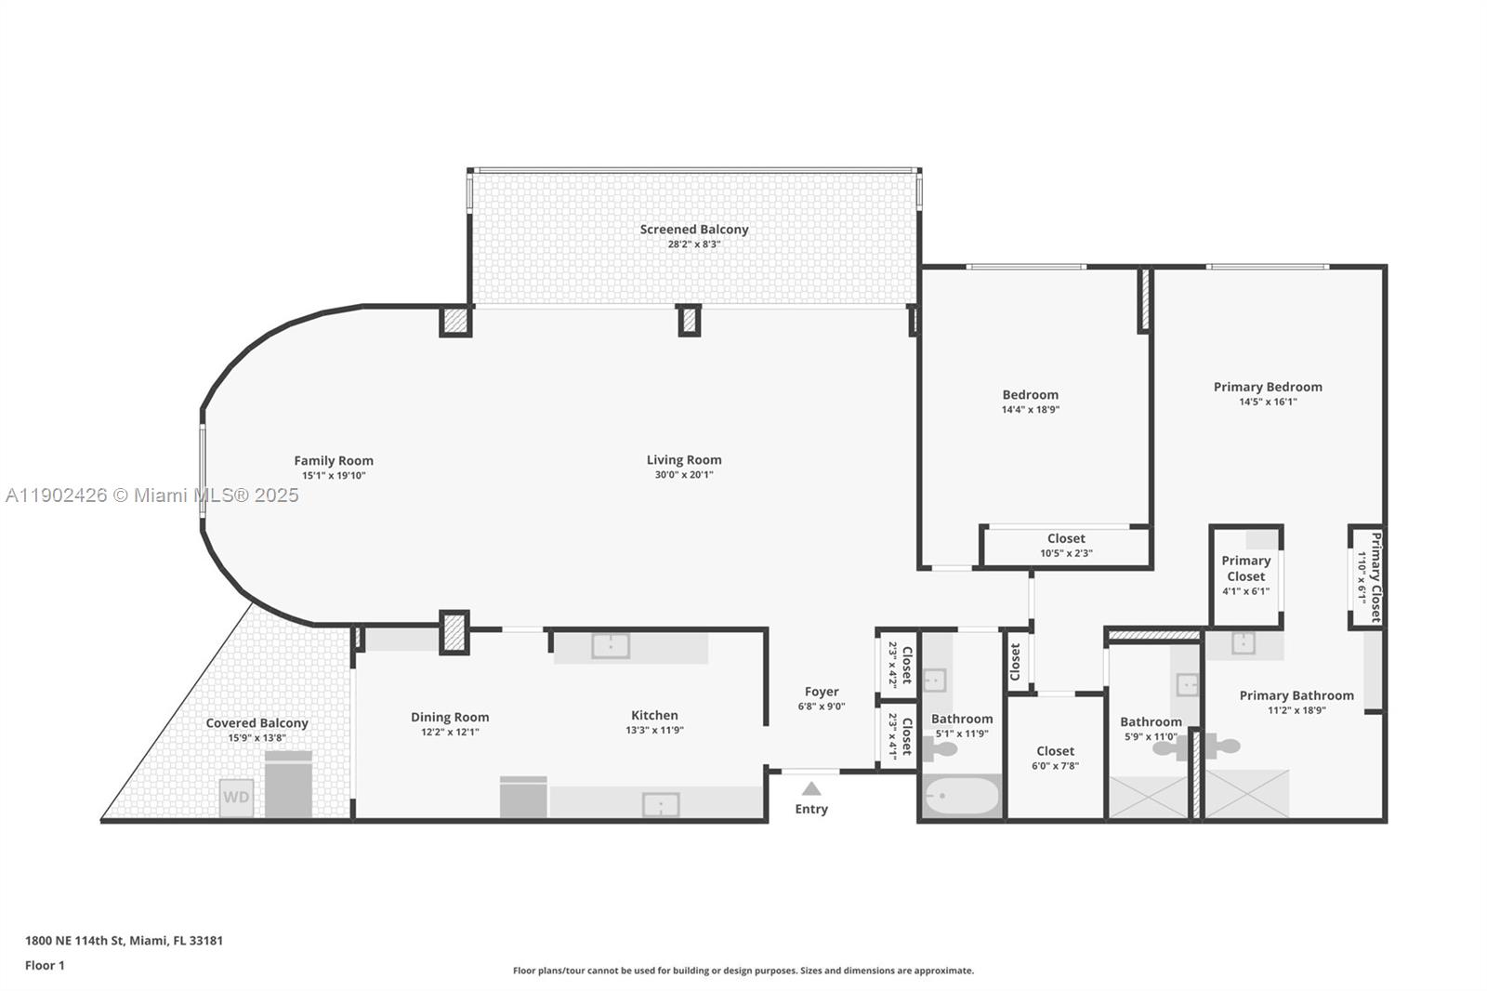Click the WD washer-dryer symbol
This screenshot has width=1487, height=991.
(236, 798)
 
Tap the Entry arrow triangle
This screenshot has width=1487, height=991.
(811, 789)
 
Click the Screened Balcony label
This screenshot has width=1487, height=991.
(693, 230)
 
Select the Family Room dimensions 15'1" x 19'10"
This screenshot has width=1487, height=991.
(334, 476)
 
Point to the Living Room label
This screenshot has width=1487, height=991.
(684, 460)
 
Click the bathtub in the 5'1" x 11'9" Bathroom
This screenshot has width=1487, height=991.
(962, 797)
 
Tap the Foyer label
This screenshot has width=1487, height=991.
(822, 692)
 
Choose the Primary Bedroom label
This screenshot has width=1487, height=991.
(1268, 387)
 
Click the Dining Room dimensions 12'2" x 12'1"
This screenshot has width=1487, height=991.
(450, 733)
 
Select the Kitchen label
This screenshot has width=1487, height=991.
(654, 715)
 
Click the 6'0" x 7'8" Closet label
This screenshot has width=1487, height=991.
(1055, 751)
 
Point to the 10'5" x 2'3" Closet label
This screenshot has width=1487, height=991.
(1066, 538)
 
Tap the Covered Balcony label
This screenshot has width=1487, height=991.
(257, 723)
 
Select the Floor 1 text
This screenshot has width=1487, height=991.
(45, 966)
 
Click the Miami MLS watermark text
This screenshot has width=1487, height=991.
(152, 495)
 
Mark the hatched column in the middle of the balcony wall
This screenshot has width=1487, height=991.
(689, 321)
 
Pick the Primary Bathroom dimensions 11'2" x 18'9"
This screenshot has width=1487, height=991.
(1296, 710)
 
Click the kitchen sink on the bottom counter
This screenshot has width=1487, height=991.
(661, 804)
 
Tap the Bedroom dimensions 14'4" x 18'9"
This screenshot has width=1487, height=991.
(1030, 410)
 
